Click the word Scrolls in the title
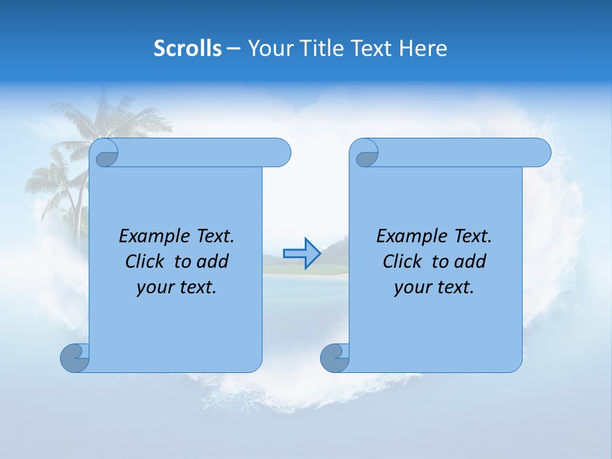point(187,48)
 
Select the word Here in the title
point(423,48)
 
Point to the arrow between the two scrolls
point(302,254)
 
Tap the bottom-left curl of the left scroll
point(75,358)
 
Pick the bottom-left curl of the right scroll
point(334,358)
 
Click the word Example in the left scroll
point(150,237)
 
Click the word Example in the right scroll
point(408,237)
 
